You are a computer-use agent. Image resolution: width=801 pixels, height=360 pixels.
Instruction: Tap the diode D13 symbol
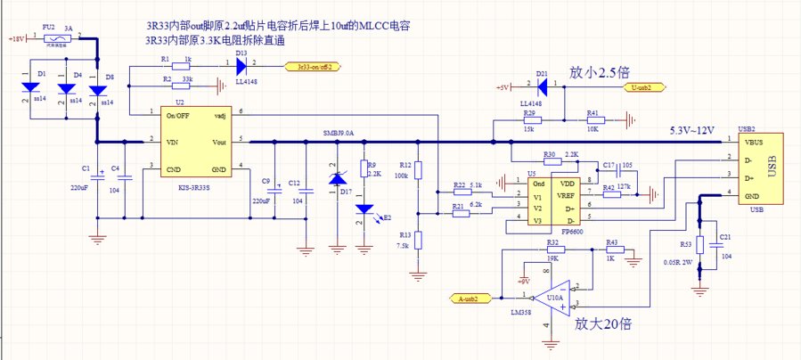[x=241, y=65]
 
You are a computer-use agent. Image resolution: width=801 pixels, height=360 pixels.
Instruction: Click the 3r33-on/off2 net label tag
[x=313, y=65]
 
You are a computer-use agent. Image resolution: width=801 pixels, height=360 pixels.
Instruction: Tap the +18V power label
[x=16, y=40]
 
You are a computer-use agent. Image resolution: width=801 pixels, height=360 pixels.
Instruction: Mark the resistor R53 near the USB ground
[x=700, y=246]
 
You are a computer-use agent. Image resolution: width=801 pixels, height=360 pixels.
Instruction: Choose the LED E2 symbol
[x=364, y=209]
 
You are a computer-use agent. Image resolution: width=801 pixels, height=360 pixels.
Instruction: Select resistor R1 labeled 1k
[x=186, y=65]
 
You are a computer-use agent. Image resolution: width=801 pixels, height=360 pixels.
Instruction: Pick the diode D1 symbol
[x=31, y=87]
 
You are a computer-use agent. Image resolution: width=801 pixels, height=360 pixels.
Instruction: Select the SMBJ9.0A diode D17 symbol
[x=337, y=179]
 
